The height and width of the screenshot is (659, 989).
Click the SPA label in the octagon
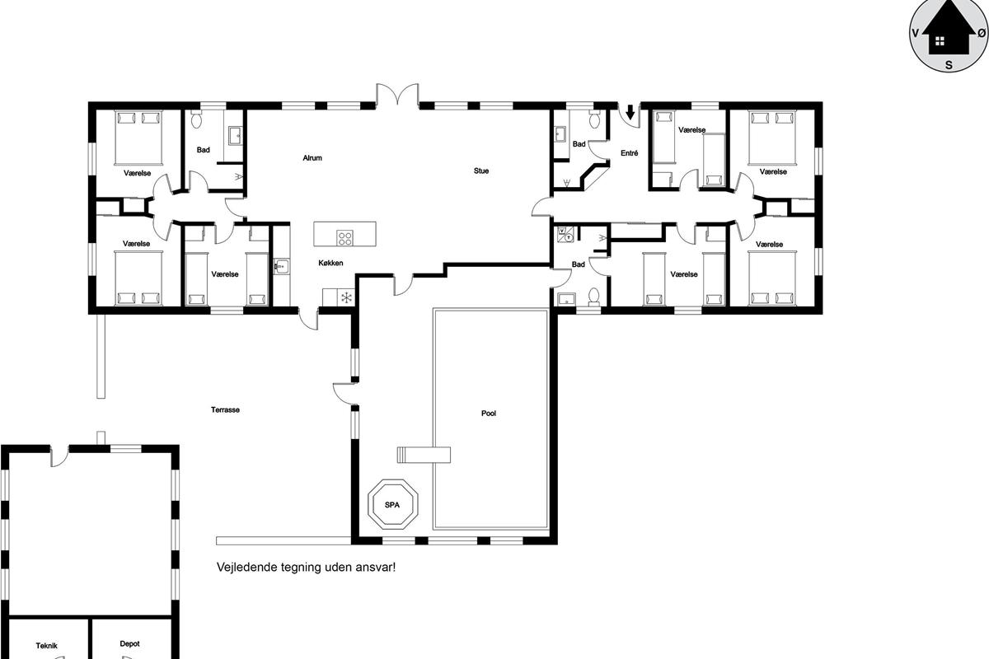[x=392, y=504]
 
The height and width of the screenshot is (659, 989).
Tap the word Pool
[x=488, y=414]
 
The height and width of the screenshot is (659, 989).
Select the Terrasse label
[x=225, y=409]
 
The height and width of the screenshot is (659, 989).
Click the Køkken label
[x=330, y=263]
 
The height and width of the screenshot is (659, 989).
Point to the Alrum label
[x=312, y=157]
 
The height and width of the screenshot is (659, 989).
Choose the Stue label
[x=481, y=171]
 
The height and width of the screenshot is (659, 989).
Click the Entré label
[x=629, y=152]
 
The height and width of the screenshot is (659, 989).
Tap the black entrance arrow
[x=630, y=112]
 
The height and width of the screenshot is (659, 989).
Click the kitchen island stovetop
[x=345, y=238]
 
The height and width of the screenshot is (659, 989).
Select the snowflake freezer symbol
[x=347, y=297]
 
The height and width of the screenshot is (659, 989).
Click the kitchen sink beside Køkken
[x=281, y=266]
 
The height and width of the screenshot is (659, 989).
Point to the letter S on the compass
[x=949, y=65]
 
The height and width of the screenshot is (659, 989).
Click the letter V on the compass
[x=916, y=33]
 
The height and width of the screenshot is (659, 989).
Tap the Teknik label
[x=47, y=645]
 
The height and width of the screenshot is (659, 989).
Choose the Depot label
[x=130, y=643]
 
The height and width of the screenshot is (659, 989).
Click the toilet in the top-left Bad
[x=196, y=119]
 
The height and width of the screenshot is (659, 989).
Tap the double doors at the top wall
[x=397, y=95]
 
